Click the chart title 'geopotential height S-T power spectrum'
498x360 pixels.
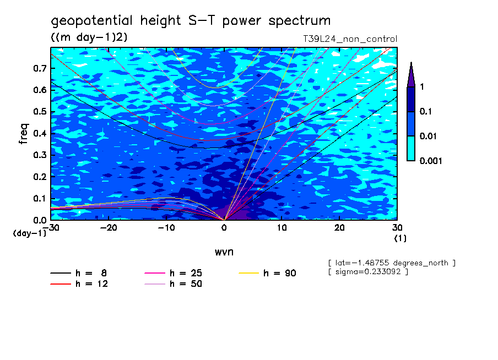[191, 21]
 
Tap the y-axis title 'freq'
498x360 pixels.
[24, 133]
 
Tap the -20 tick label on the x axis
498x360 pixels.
[109, 228]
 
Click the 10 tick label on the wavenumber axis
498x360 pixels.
[282, 228]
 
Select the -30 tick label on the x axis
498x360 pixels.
[51, 228]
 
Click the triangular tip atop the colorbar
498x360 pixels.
[411, 73]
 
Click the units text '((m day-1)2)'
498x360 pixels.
[89, 37]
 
